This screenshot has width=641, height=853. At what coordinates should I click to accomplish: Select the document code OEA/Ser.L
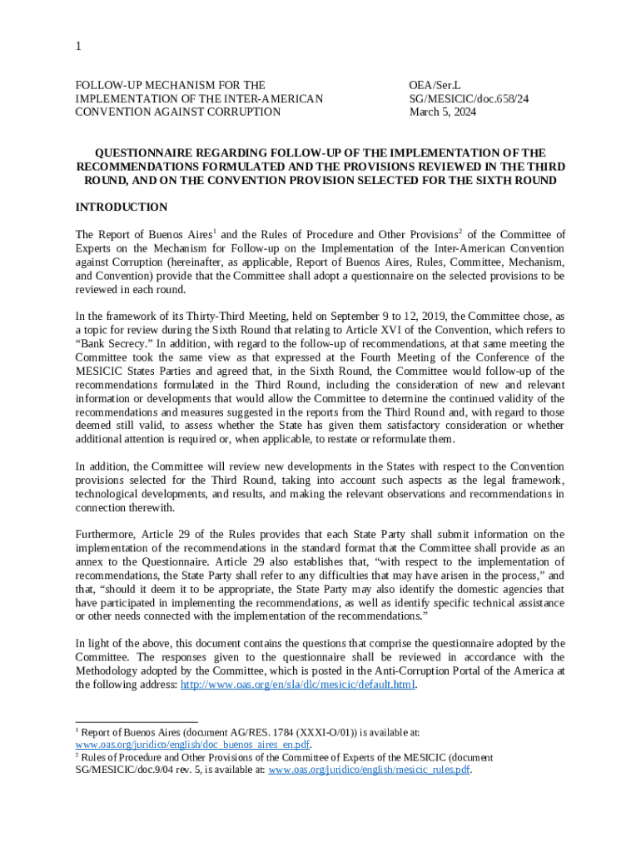[435, 85]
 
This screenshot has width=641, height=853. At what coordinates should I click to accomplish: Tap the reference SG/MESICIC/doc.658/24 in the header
[469, 98]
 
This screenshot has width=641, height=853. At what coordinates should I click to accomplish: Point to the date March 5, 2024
[443, 112]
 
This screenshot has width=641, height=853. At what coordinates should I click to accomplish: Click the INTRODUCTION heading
[121, 207]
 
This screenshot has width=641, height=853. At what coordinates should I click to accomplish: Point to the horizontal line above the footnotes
[137, 721]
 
